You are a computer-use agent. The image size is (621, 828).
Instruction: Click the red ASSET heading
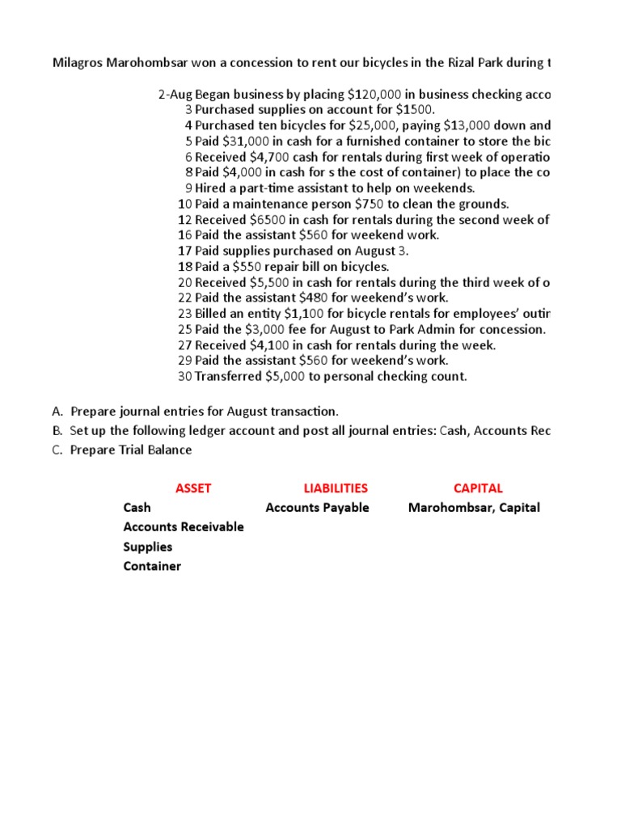tap(193, 488)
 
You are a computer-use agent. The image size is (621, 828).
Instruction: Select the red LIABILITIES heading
tap(336, 488)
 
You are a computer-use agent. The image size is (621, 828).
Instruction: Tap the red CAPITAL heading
tap(478, 488)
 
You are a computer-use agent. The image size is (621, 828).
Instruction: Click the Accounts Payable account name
tap(317, 508)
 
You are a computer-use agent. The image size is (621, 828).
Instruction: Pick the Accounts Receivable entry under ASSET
tap(184, 527)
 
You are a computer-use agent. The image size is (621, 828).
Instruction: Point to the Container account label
tap(152, 566)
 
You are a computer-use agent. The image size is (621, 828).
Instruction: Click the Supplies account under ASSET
tap(148, 547)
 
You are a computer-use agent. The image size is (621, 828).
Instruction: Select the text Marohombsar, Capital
tap(474, 508)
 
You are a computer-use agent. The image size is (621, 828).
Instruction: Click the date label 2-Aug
tap(175, 95)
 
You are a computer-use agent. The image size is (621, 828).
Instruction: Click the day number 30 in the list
tap(184, 377)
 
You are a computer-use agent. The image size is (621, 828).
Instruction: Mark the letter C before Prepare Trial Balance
tap(57, 450)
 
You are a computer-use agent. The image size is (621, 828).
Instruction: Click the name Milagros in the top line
tap(78, 63)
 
